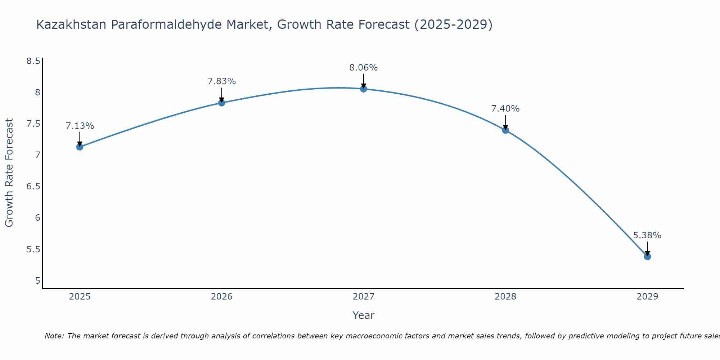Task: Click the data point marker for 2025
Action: coord(80,147)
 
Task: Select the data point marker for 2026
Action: coord(221,103)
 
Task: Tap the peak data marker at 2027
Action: coord(364,89)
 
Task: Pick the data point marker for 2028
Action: coord(505,130)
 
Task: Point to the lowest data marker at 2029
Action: coord(647,257)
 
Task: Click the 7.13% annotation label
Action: coord(80,126)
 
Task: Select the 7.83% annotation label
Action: coord(221,81)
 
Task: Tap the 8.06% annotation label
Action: coord(364,68)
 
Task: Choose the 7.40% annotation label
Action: coord(505,109)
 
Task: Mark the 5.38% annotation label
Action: coord(647,235)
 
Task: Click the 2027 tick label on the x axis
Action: coord(364,297)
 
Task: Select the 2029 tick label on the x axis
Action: coord(647,297)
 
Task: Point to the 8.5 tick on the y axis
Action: coord(33,61)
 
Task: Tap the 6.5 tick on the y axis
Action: coord(33,186)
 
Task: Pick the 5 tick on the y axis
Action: coord(37,280)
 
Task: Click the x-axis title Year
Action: coord(364,315)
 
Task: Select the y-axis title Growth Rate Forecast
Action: coord(9,173)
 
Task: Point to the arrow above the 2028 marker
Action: coord(505,122)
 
